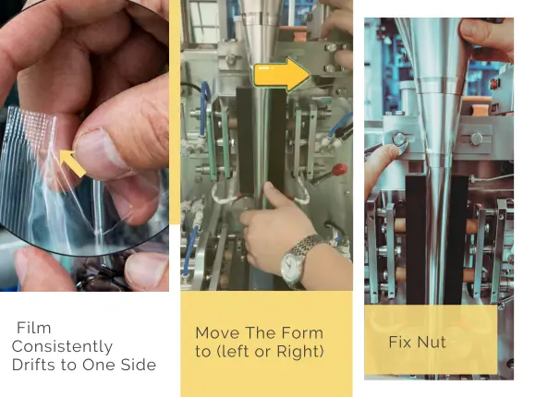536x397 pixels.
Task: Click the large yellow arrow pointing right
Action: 282,75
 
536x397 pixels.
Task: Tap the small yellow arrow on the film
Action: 73,163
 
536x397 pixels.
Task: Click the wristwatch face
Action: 290,265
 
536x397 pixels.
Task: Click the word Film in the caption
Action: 34,328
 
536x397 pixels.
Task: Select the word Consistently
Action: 62,346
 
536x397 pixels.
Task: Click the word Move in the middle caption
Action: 218,333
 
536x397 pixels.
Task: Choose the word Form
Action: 302,333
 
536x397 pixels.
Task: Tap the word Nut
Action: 432,342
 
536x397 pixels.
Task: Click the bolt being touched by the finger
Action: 399,138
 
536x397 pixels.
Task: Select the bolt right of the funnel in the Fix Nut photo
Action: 476,138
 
